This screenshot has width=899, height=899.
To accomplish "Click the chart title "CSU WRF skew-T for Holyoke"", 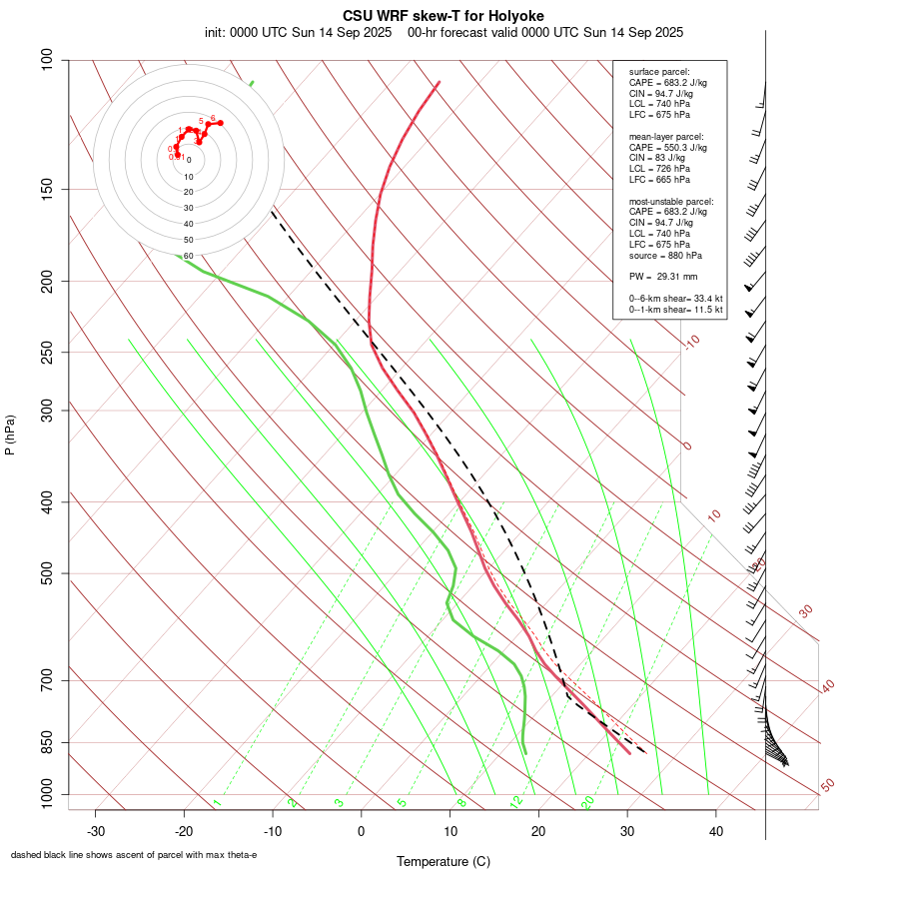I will pos(443,16).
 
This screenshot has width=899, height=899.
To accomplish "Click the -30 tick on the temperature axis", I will pos(96,831).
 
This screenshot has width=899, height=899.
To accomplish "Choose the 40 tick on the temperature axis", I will pos(716,831).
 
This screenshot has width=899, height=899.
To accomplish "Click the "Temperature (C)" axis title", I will pos(443,861).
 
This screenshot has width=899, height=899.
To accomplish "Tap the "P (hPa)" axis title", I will pos(10,435).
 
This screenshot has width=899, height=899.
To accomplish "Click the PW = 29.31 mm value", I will pos(662,276).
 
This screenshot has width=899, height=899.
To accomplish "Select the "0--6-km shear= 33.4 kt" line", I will pos(675,299).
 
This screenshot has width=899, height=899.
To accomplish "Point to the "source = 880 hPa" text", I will pos(665,256).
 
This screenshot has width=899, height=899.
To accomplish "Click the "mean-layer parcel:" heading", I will pos(666,136).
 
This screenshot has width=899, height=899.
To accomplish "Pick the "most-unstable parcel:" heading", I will pos(671,201).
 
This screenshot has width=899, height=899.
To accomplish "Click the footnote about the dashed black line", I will pos(134,855).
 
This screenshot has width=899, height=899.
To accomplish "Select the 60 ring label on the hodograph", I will pos(188,256).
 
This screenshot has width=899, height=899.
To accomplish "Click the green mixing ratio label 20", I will pos(587,801).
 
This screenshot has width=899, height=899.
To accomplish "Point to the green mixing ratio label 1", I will pos(216,802).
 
